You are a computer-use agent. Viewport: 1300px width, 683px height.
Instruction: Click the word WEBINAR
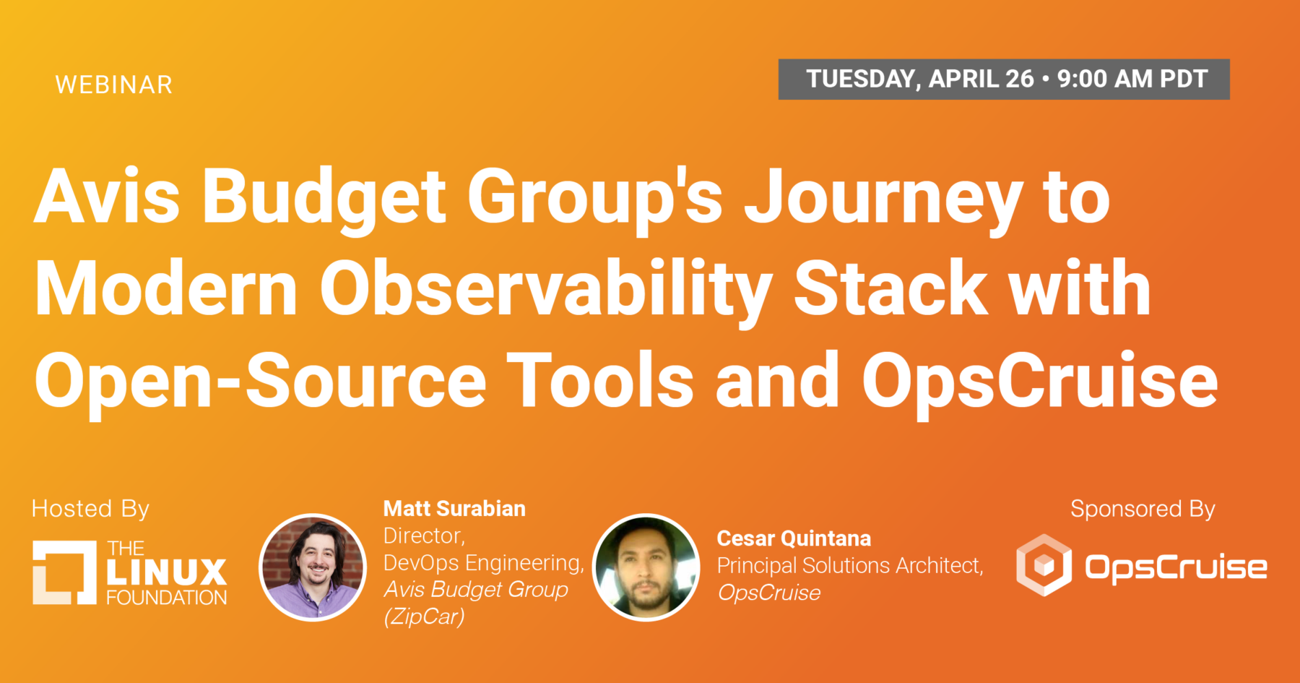point(114,85)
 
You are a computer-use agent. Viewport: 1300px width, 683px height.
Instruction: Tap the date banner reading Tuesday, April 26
point(1004,79)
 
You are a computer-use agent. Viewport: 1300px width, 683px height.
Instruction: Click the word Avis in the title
point(107,196)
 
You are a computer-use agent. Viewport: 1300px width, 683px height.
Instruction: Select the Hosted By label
point(90,509)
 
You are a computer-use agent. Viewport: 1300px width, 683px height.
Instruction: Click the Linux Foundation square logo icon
point(64,572)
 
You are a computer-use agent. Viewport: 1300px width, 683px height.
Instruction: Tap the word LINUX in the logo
point(167,572)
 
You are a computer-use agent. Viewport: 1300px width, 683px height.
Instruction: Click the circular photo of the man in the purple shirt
point(313,567)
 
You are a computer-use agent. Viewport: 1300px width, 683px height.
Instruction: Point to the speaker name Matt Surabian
point(454,509)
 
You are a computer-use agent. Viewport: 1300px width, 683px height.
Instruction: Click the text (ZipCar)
point(424,617)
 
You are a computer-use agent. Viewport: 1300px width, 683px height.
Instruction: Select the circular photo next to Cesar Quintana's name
point(646,567)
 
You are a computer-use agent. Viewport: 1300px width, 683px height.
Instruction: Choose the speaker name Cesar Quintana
point(794,538)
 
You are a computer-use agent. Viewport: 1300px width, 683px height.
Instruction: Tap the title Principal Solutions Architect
point(850,565)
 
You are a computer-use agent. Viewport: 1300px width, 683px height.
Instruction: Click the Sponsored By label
point(1143,509)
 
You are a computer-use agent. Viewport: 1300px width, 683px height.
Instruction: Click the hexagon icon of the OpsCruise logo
point(1044,565)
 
